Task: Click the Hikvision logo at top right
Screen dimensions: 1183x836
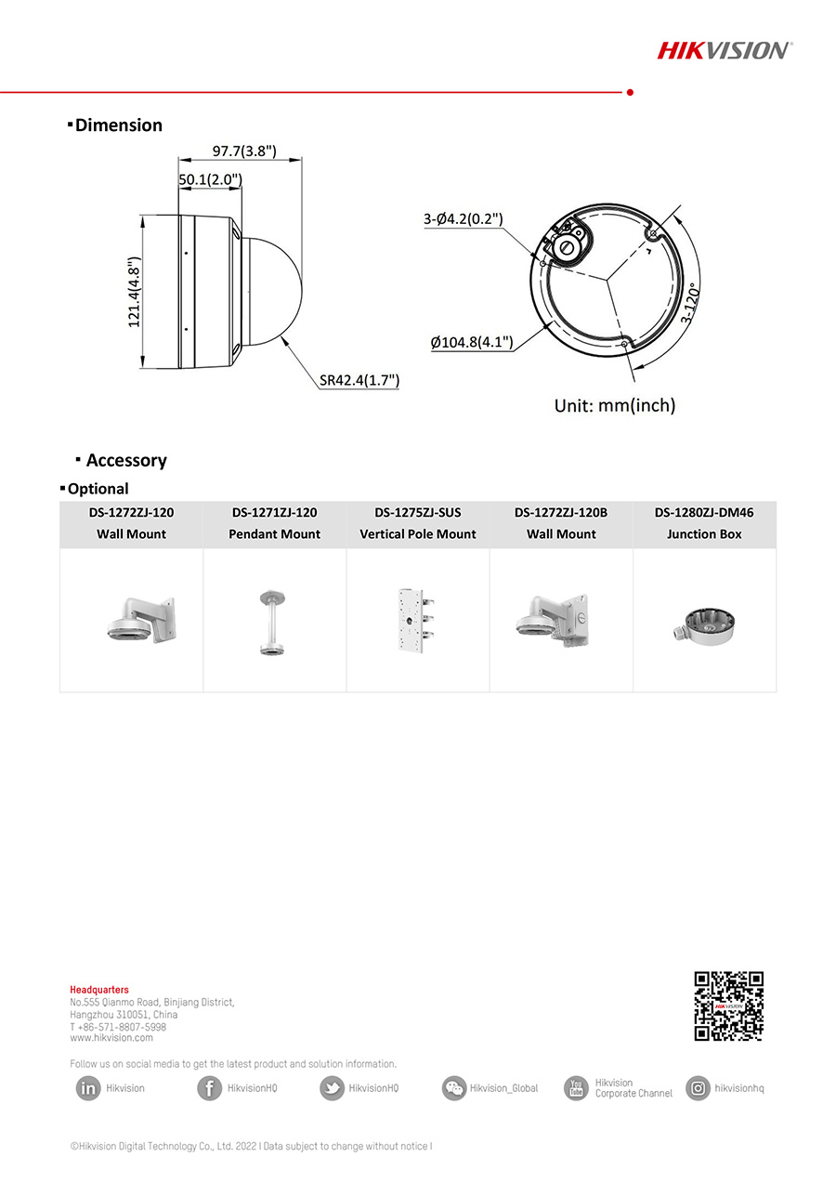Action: (x=725, y=50)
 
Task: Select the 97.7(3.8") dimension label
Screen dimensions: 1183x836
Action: (x=244, y=151)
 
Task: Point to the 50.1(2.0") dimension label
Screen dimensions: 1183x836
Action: (x=211, y=179)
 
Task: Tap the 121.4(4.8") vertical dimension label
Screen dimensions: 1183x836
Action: (x=135, y=291)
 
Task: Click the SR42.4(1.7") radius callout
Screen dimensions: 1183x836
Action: (x=359, y=380)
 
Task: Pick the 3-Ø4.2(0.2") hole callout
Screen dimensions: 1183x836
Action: (x=463, y=219)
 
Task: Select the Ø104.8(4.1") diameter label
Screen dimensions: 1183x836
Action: (x=472, y=342)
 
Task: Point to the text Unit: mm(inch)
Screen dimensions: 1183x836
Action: (x=615, y=405)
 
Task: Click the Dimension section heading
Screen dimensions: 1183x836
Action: (x=118, y=125)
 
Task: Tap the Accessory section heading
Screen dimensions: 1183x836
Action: (x=126, y=460)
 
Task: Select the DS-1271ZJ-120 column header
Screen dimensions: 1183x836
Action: (x=274, y=512)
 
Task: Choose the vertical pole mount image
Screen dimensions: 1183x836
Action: (x=417, y=617)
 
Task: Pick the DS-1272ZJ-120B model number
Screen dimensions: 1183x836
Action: (x=561, y=512)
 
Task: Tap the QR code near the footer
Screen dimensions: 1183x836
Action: (x=729, y=1006)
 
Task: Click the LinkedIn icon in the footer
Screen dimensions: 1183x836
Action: (x=88, y=1088)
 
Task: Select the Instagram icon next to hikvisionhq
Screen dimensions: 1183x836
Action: (x=698, y=1088)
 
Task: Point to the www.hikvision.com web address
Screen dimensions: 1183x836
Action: (x=111, y=1038)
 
